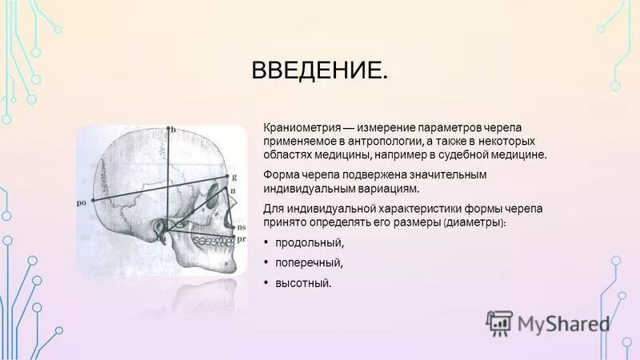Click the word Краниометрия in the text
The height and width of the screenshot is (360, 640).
point(299,127)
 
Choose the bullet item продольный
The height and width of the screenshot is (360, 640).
point(309,242)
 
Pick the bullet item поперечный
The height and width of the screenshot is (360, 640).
point(309,262)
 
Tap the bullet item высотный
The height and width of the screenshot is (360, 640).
point(302,282)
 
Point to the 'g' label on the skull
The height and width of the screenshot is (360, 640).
point(234,176)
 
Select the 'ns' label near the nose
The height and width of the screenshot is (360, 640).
point(241,228)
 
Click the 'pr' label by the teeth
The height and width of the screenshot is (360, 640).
point(241,238)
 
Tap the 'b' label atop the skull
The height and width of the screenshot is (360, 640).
point(172,129)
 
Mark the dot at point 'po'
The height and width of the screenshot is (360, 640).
point(93,200)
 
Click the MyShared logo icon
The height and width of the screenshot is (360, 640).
point(498,322)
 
